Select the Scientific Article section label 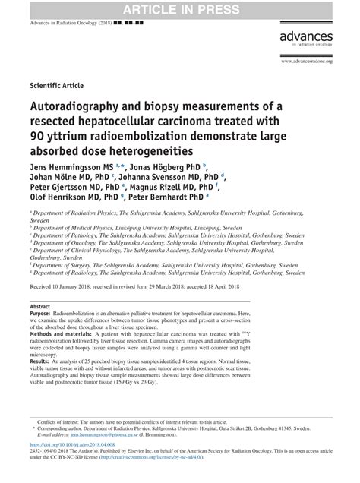pos(56,85)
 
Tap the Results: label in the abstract pos(44,384)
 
